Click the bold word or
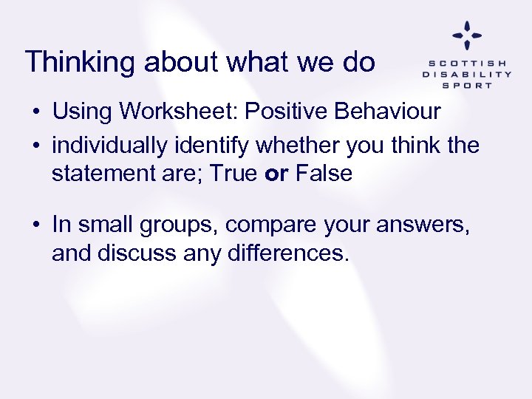[278, 174]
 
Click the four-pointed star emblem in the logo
[467, 35]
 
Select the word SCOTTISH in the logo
[467, 63]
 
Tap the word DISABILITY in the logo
[467, 74]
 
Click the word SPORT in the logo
[467, 85]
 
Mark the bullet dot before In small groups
[35, 224]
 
